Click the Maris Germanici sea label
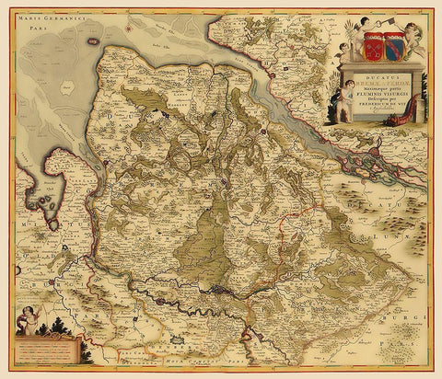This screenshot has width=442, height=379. coord(42,18)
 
